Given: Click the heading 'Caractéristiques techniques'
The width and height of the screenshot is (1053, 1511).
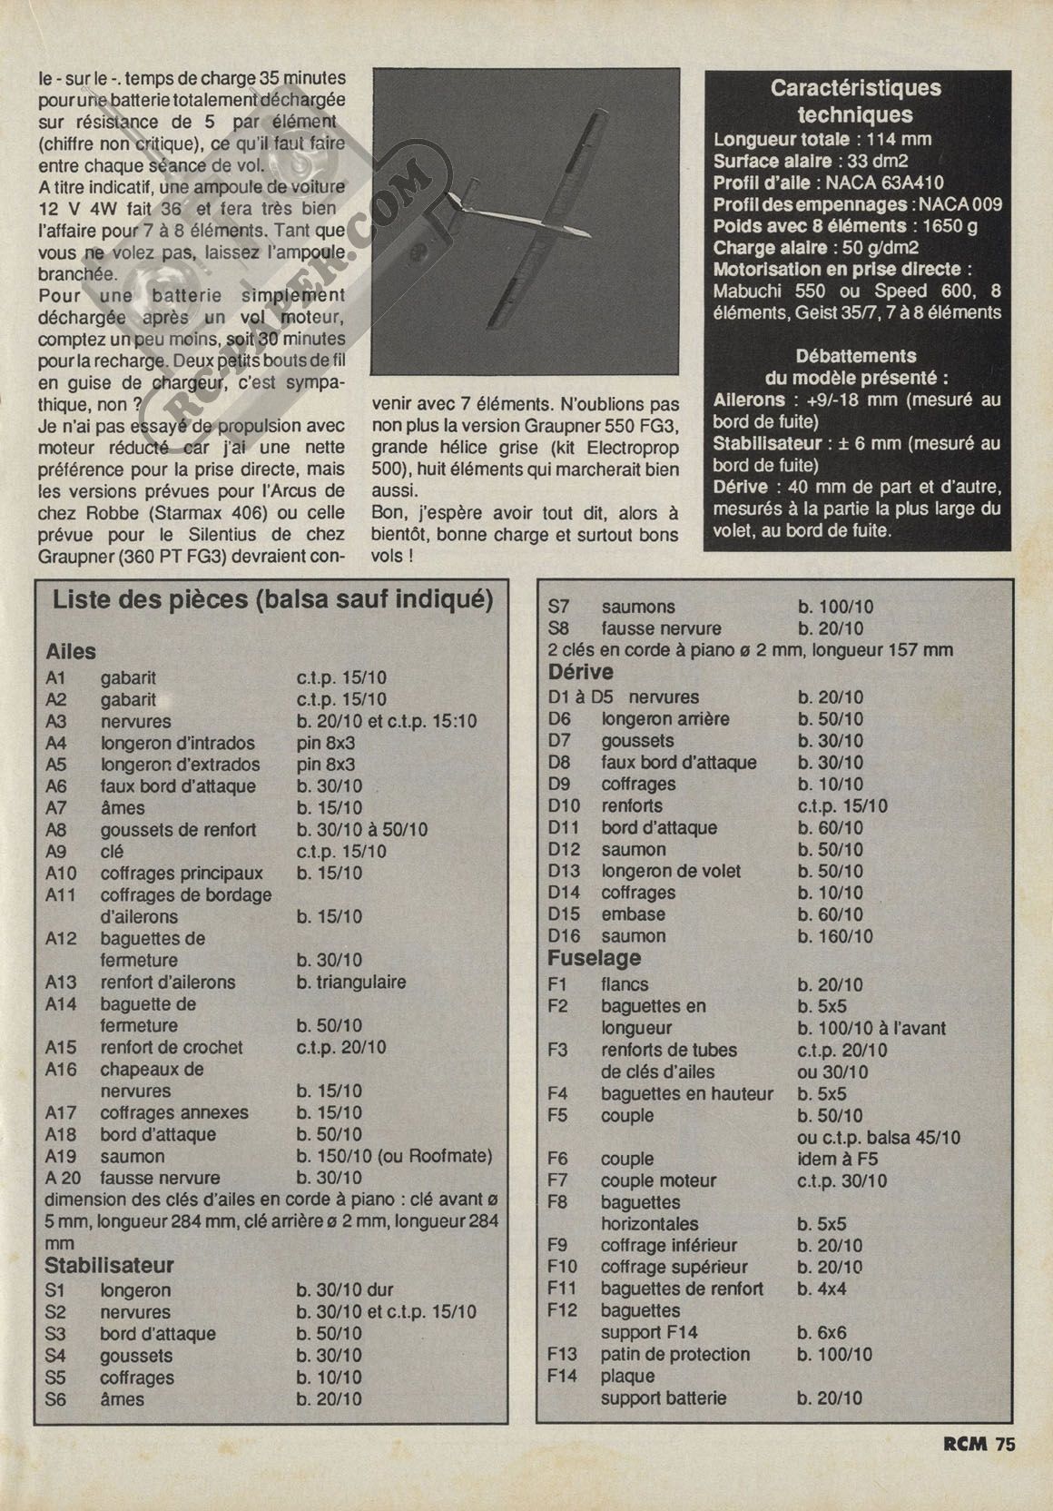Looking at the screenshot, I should pyautogui.click(x=855, y=102).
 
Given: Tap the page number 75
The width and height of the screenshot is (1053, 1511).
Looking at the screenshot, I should pyautogui.click(x=1005, y=1444).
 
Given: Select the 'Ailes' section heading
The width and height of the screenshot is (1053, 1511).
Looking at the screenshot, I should pyautogui.click(x=71, y=651).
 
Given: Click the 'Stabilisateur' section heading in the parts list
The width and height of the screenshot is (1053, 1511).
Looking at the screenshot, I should pyautogui.click(x=109, y=1265).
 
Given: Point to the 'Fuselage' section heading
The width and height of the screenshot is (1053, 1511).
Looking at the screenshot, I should pyautogui.click(x=594, y=958).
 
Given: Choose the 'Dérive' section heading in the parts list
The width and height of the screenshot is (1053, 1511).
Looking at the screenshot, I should pyautogui.click(x=581, y=672).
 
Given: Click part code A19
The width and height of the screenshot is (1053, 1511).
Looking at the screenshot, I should pyautogui.click(x=62, y=1156).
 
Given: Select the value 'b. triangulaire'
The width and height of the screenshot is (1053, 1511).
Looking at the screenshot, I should pyautogui.click(x=351, y=982).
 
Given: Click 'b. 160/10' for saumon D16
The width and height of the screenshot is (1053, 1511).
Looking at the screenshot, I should pyautogui.click(x=835, y=935).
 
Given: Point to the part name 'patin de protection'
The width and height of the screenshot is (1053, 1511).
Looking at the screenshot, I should pyautogui.click(x=675, y=1354).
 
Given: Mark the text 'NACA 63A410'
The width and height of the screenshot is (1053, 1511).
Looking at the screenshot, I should pyautogui.click(x=884, y=183).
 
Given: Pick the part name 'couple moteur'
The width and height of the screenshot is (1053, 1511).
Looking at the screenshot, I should pyautogui.click(x=658, y=1180).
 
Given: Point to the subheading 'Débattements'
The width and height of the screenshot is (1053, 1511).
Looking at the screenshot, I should pyautogui.click(x=855, y=356).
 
